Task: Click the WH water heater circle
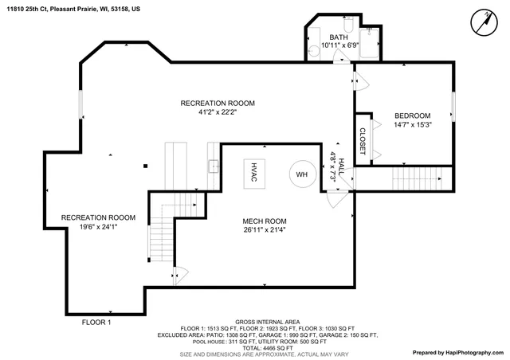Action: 302,174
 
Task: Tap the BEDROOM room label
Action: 412,115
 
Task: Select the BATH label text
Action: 339,37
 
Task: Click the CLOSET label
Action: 363,141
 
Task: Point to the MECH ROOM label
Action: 264,221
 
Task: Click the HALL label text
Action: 340,165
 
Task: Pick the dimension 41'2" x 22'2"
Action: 218,112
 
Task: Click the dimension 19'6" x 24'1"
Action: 98,227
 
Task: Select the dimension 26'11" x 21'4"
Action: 264,230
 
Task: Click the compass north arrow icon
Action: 481,22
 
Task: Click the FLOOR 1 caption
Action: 96,323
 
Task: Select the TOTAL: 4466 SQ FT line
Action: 268,348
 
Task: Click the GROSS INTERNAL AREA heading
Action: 268,321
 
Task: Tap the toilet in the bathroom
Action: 315,52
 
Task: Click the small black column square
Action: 146,166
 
